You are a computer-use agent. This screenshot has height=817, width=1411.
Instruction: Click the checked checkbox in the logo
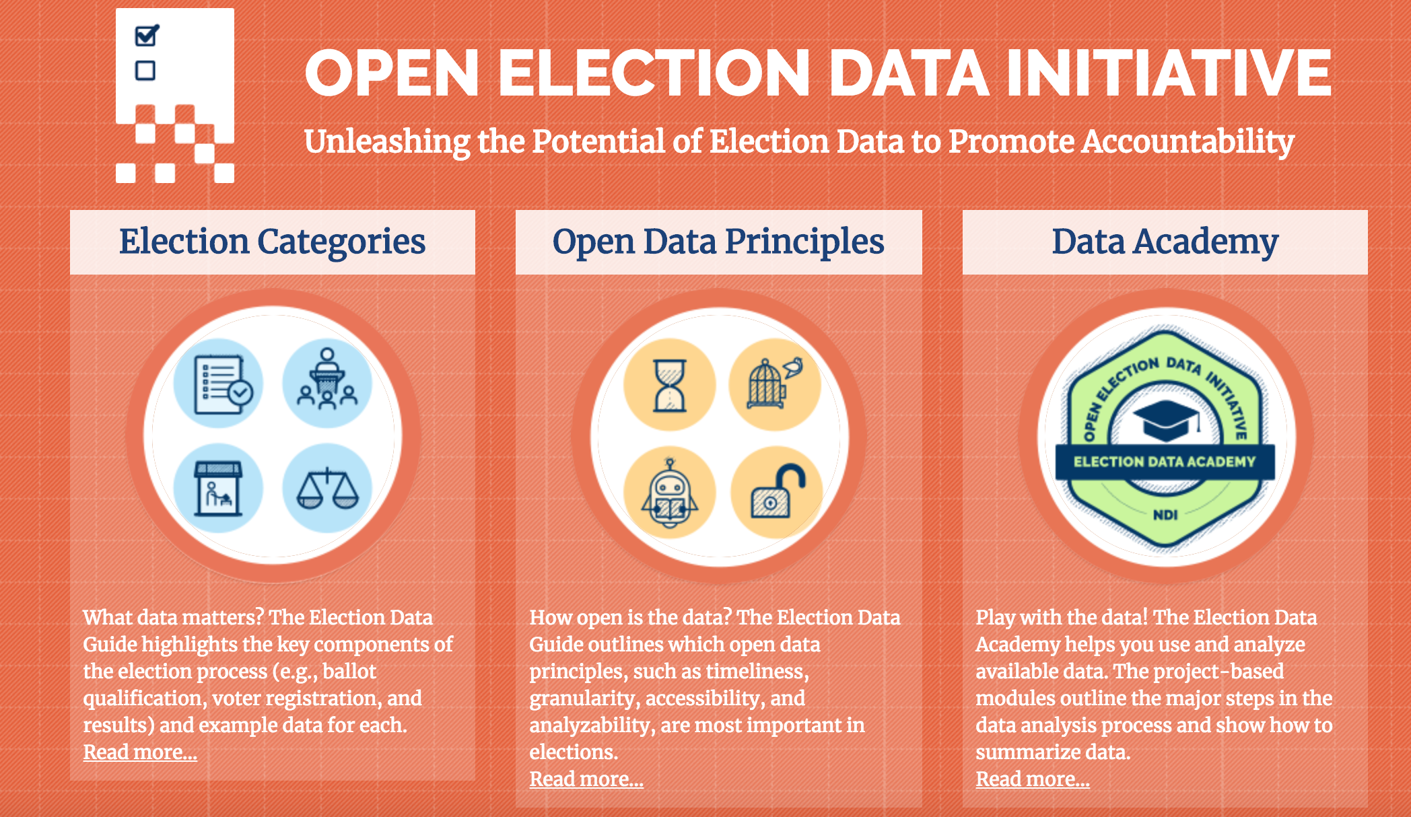pyautogui.click(x=147, y=35)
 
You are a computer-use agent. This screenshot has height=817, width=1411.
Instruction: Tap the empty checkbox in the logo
pyautogui.click(x=145, y=70)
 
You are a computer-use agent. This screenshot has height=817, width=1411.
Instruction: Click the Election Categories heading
pyautogui.click(x=273, y=242)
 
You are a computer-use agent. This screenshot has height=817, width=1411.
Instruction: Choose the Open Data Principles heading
pyautogui.click(x=718, y=242)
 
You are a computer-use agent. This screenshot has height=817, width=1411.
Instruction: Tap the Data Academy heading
pyautogui.click(x=1165, y=242)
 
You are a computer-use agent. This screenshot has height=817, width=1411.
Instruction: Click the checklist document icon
pyautogui.click(x=219, y=384)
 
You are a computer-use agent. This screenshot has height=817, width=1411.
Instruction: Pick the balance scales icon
pyautogui.click(x=328, y=489)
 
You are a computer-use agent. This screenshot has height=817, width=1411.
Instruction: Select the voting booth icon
pyautogui.click(x=218, y=489)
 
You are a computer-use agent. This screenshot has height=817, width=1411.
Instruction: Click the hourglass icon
pyautogui.click(x=670, y=385)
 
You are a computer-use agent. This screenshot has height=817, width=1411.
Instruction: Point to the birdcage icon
pyautogui.click(x=775, y=384)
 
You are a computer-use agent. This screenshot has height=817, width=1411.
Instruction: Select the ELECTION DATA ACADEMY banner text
pyautogui.click(x=1165, y=462)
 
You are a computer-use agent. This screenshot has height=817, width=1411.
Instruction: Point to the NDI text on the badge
pyautogui.click(x=1165, y=515)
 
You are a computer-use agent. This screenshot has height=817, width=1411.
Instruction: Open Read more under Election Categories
pyautogui.click(x=140, y=752)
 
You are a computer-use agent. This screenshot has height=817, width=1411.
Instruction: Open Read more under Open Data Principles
pyautogui.click(x=586, y=779)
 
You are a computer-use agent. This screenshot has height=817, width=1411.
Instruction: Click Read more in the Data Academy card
pyautogui.click(x=1033, y=779)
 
